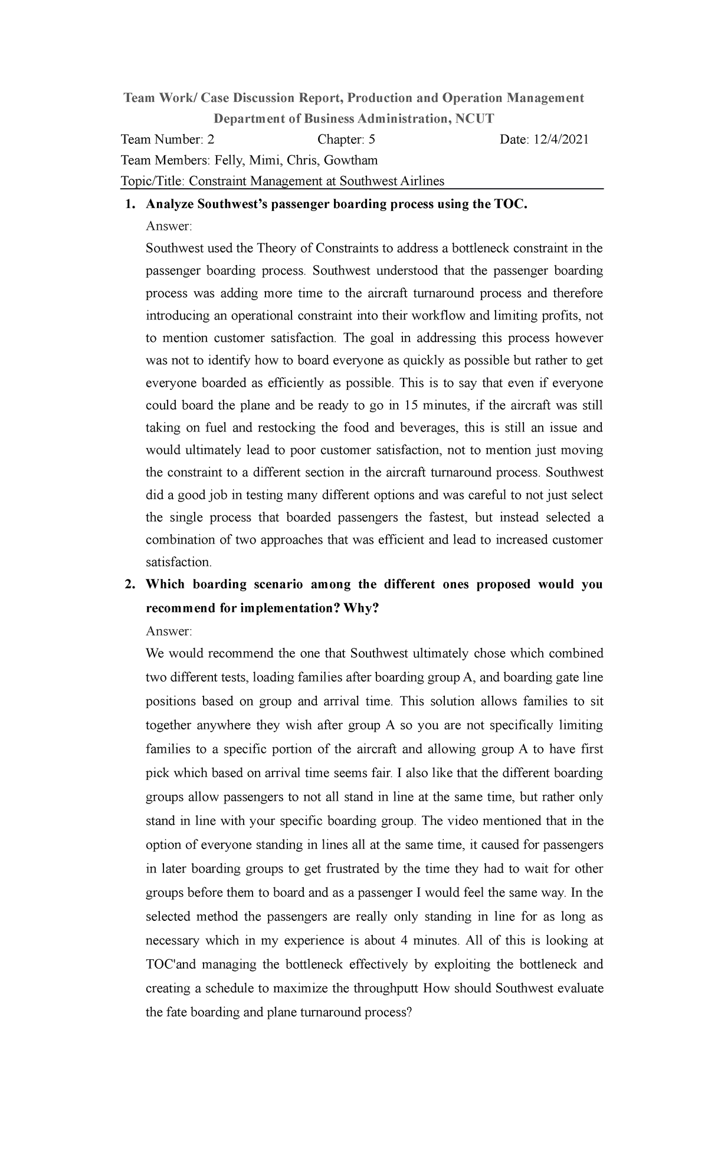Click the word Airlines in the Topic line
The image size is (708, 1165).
tap(422, 181)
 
